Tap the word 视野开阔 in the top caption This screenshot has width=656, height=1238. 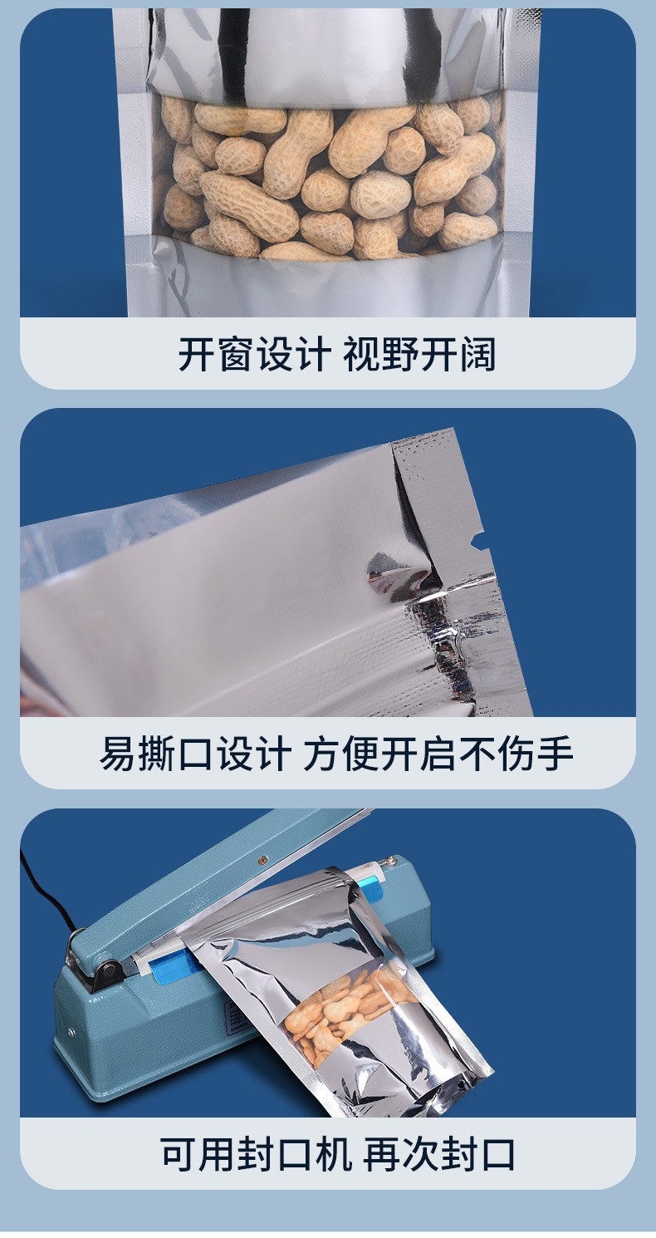(419, 355)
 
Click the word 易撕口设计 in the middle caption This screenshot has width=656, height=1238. (195, 754)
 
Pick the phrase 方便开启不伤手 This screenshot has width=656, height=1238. (438, 754)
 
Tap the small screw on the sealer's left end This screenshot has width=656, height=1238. (71, 1032)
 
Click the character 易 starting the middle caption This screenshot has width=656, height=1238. (119, 754)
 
